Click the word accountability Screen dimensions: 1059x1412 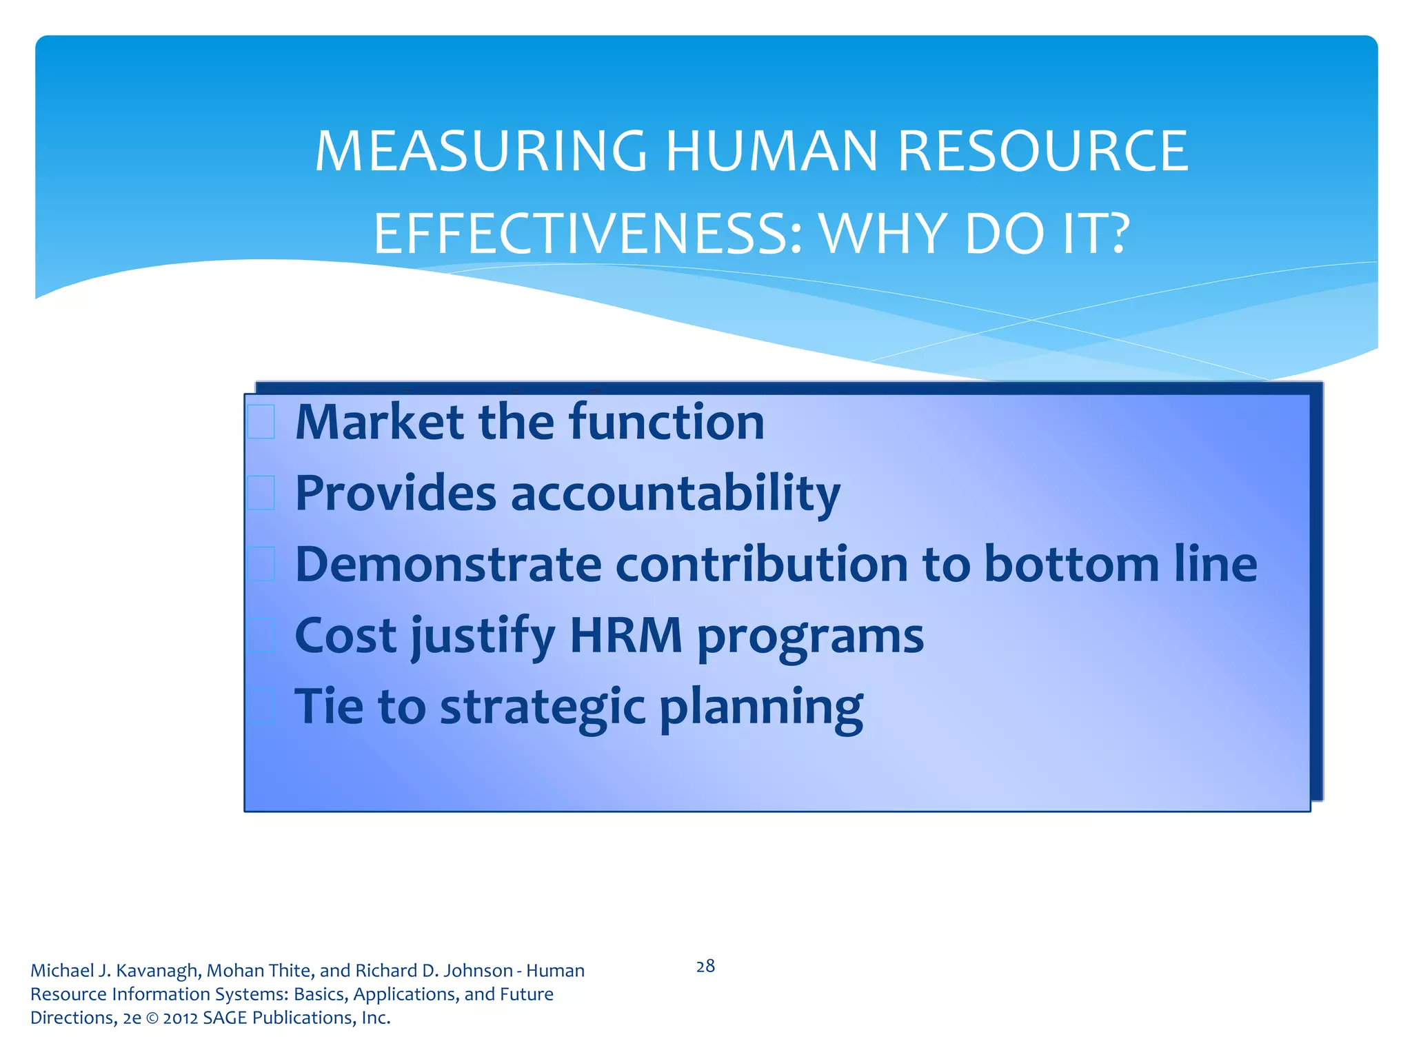tap(675, 494)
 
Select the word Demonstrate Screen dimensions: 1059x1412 tap(448, 565)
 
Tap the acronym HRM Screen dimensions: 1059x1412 tap(626, 636)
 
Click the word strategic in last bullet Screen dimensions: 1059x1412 tap(543, 707)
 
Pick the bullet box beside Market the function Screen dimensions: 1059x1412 tap(261, 422)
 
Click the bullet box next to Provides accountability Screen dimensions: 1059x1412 tap(261, 493)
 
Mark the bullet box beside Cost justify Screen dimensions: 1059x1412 tap(261, 636)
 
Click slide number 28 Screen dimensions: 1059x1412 tap(705, 967)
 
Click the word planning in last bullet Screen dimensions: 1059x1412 tap(760, 707)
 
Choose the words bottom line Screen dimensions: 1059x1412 tap(1120, 565)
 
